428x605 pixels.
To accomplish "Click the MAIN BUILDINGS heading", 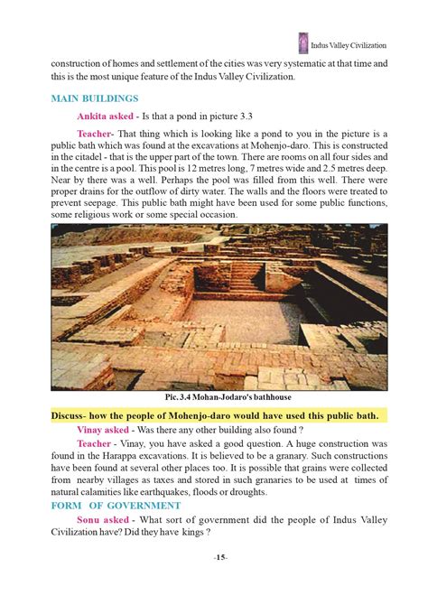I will click(94, 98).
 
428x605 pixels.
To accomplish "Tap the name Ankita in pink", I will click(95, 116).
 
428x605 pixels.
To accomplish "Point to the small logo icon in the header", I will click(302, 42).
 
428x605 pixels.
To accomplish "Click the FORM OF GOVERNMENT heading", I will click(109, 506).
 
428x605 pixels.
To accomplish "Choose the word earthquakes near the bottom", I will click(216, 493).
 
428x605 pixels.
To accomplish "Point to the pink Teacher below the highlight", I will click(94, 444).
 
